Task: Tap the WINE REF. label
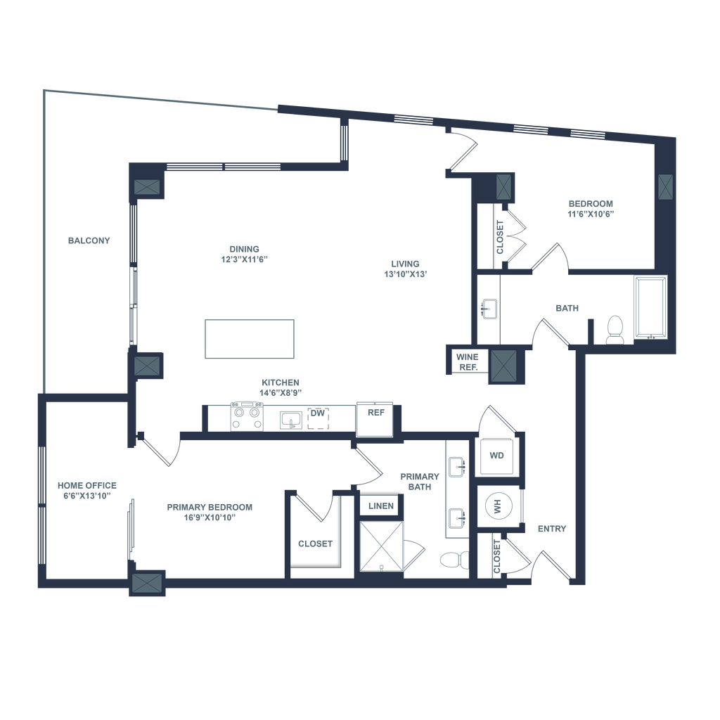coord(467,361)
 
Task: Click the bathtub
coord(651,308)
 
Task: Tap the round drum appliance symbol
coord(499,505)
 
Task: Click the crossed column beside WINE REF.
coord(503,366)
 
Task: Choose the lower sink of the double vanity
coord(455,517)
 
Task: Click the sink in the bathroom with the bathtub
coord(487,308)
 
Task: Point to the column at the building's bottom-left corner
coord(147,584)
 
